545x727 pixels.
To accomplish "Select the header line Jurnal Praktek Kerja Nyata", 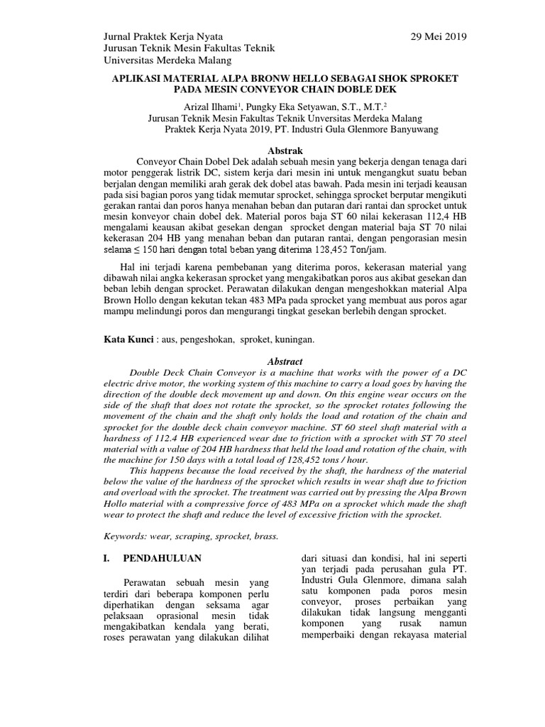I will [x=163, y=36].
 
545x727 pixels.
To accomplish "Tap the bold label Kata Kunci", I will [x=128, y=340].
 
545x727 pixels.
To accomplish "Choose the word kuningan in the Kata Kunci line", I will [x=294, y=340].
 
